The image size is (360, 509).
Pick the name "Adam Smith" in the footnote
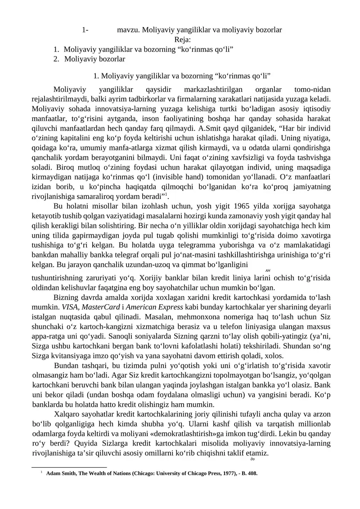coord(63,474)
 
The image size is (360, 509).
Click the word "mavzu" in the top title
coord(127,30)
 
